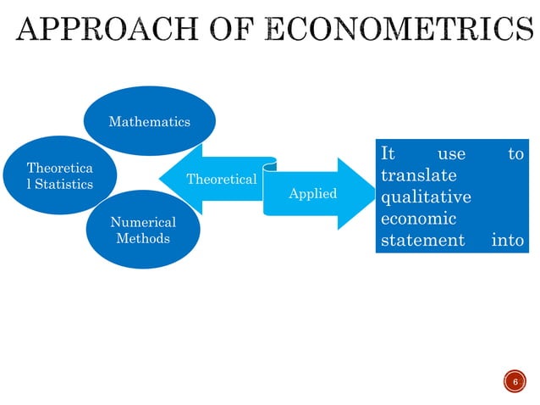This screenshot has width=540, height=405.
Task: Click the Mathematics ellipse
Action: point(149,122)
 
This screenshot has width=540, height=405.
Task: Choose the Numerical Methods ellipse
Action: point(143,230)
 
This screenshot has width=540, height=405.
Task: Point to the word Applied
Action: point(312,194)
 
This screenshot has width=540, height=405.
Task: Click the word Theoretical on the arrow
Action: point(221,180)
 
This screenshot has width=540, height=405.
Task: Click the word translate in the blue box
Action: point(418,176)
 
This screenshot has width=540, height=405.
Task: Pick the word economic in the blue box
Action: point(418,219)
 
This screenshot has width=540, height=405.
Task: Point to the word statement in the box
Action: point(422,241)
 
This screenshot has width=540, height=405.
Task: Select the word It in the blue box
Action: point(388,154)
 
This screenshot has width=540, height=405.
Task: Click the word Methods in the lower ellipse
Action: point(143,238)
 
